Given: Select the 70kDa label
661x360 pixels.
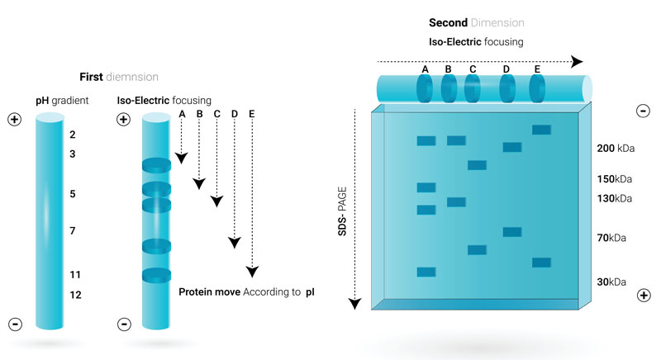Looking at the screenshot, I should point(613,238).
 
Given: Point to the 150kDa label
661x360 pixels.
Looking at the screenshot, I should point(615,178).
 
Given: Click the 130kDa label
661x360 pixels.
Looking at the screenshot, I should point(615,198).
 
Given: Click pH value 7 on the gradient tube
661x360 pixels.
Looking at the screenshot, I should point(73,231).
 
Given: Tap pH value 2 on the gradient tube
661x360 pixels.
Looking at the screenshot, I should point(73,134).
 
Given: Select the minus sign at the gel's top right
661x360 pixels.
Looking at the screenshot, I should point(643,111).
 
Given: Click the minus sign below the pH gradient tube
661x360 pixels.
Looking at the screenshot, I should point(14,323).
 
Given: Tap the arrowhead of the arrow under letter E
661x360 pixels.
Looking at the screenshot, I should point(253,272).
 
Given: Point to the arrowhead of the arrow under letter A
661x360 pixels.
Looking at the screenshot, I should point(182,158).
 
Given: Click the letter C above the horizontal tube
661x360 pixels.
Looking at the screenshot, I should point(473,70).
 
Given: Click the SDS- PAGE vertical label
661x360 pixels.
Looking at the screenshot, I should point(341,211).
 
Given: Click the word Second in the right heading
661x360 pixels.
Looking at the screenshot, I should point(449,22).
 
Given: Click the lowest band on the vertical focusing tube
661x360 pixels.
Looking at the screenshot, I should point(155,275).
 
